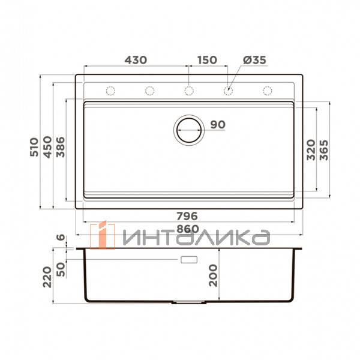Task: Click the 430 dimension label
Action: pos(136,60)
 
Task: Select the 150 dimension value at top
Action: pos(206,60)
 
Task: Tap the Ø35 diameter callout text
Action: pos(255,60)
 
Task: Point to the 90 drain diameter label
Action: pos(217,125)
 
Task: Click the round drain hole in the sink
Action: pos(188,129)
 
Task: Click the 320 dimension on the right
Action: pos(311,149)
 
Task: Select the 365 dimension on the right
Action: pos(324,149)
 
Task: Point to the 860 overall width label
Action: pos(188,229)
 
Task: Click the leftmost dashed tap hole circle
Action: pos(110,91)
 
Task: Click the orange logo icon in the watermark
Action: pos(102,235)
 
